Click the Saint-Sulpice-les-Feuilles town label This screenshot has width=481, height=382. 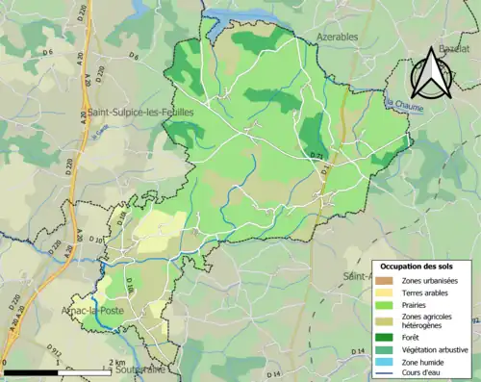pos(140,113)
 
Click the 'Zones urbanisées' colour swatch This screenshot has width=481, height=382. pos(385,280)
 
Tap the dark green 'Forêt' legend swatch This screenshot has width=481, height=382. pos(385,337)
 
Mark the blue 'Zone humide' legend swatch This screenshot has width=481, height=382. pos(385,360)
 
